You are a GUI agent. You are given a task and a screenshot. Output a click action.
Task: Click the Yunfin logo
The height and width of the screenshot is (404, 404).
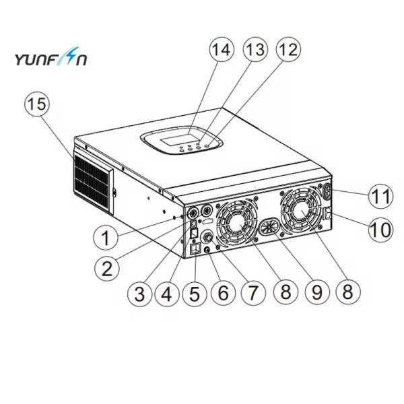(50, 60)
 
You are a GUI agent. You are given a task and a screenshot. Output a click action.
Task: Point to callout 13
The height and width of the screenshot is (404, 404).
(255, 50)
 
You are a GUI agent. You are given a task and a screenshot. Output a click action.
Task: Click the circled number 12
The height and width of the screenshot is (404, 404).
(286, 50)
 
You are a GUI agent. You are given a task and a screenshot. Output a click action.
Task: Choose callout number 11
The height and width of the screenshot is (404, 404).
(381, 197)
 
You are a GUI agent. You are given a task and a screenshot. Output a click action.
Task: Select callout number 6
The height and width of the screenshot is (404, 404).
(223, 292)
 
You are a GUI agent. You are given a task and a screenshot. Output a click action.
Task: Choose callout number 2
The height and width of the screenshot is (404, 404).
(106, 269)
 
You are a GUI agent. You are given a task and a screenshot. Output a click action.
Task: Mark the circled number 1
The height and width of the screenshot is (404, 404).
(105, 238)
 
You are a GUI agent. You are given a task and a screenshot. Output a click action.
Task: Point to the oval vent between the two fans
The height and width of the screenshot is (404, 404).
(269, 226)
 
